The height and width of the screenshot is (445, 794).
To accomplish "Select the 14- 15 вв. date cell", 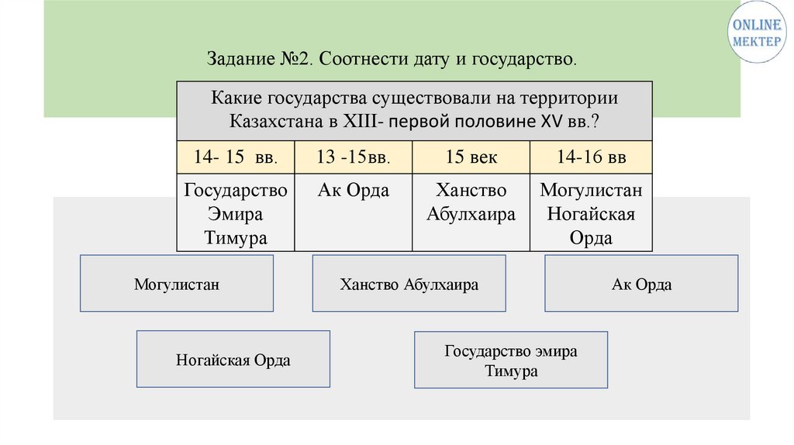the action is (235, 157).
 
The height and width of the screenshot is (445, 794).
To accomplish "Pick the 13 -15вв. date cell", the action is (353, 157).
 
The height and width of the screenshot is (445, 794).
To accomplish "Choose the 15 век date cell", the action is (471, 157).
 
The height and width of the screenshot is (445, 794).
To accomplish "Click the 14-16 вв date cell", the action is (591, 157).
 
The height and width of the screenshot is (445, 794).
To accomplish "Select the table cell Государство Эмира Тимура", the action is (235, 213).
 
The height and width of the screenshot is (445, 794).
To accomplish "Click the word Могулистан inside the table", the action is (591, 191).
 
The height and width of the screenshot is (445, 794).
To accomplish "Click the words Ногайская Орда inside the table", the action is (591, 226).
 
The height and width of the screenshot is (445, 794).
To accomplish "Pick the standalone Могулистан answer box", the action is (176, 284).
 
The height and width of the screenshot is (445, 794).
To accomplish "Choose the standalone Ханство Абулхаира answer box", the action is (409, 284).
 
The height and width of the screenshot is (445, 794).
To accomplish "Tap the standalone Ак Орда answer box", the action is (641, 284).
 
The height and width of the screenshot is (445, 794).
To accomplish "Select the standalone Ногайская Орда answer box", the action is (233, 359).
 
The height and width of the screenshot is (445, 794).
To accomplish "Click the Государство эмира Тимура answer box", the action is (510, 360).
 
